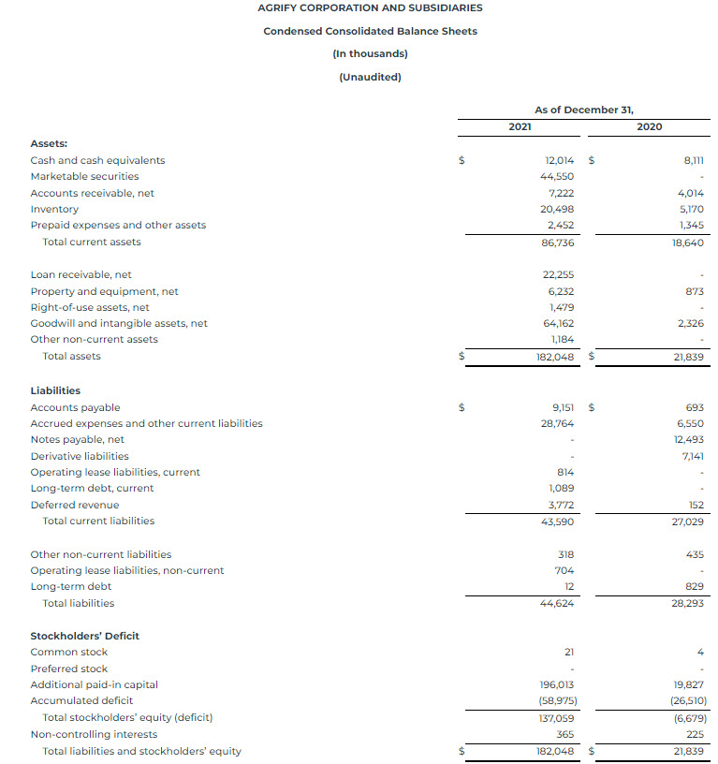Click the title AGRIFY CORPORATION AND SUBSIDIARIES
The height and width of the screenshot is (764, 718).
click(x=370, y=7)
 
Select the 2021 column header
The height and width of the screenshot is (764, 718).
click(x=520, y=126)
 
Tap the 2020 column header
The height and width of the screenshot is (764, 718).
click(x=649, y=126)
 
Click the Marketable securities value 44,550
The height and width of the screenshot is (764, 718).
click(x=557, y=176)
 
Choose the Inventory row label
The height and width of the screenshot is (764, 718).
click(x=54, y=209)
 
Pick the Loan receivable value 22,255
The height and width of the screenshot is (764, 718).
click(x=557, y=274)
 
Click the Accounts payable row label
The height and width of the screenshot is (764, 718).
click(x=75, y=407)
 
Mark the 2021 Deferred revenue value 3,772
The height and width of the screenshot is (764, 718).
click(x=559, y=505)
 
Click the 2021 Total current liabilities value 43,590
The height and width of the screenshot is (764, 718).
click(x=557, y=521)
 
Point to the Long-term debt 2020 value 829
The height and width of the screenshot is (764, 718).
click(x=694, y=586)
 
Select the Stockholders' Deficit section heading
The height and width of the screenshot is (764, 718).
click(x=84, y=636)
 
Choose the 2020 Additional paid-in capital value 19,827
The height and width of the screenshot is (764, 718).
click(x=688, y=684)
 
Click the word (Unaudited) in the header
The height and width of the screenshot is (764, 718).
click(x=370, y=77)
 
